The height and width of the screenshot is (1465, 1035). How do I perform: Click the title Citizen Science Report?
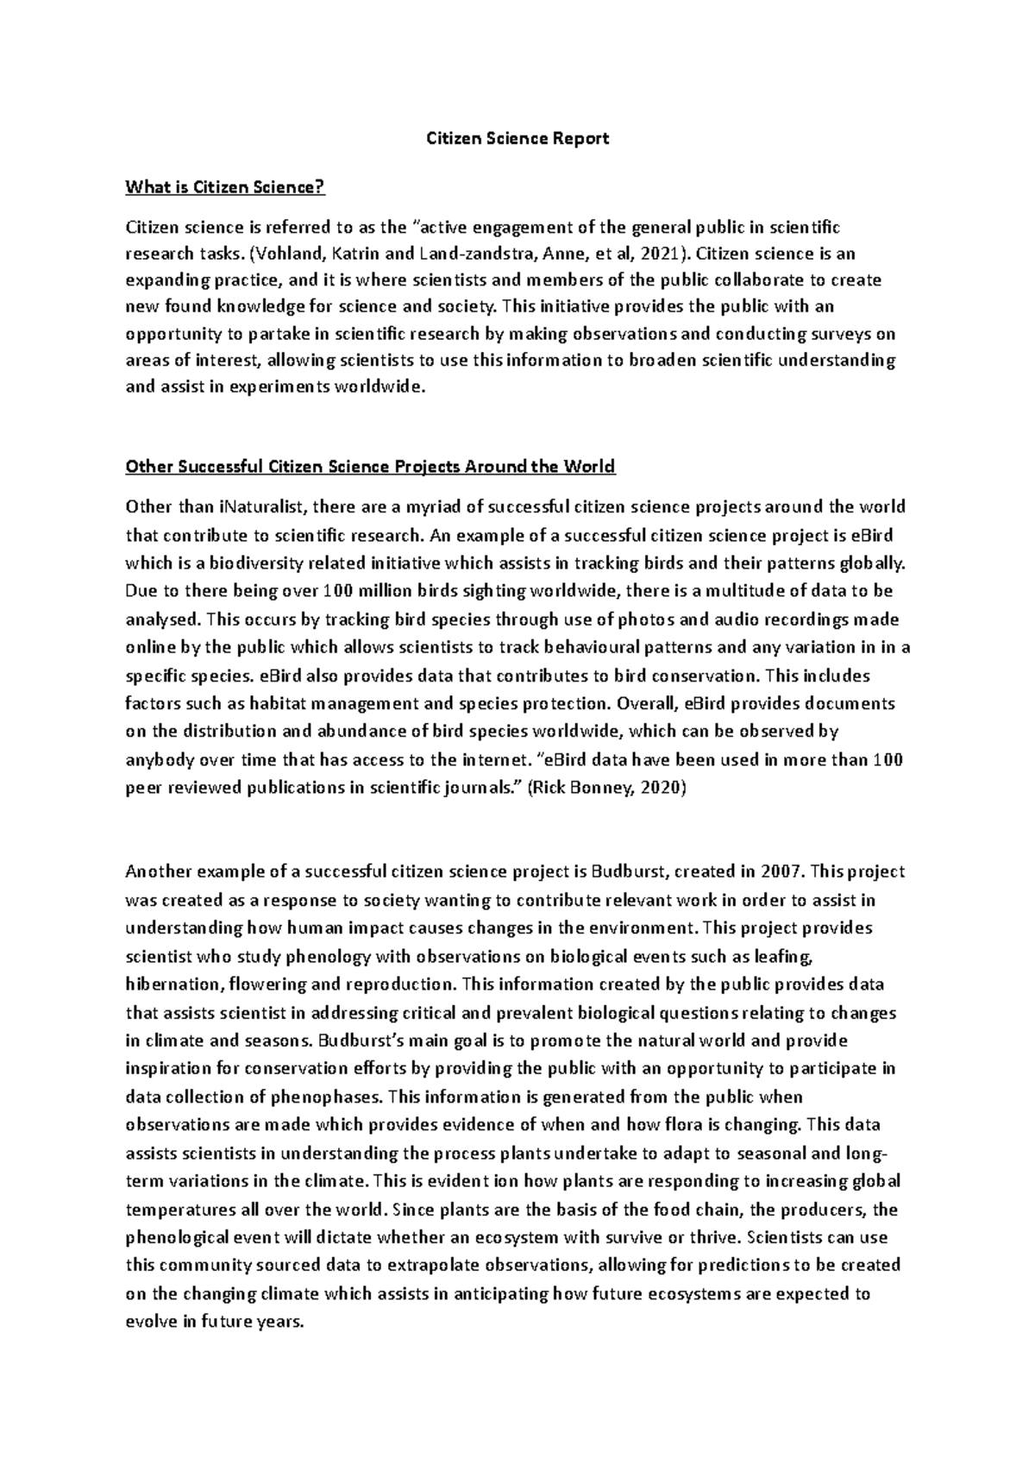pyautogui.click(x=518, y=138)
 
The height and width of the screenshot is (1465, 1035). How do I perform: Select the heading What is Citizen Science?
pyautogui.click(x=226, y=186)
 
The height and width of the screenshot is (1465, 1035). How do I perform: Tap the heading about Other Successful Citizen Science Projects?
pyautogui.click(x=370, y=467)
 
